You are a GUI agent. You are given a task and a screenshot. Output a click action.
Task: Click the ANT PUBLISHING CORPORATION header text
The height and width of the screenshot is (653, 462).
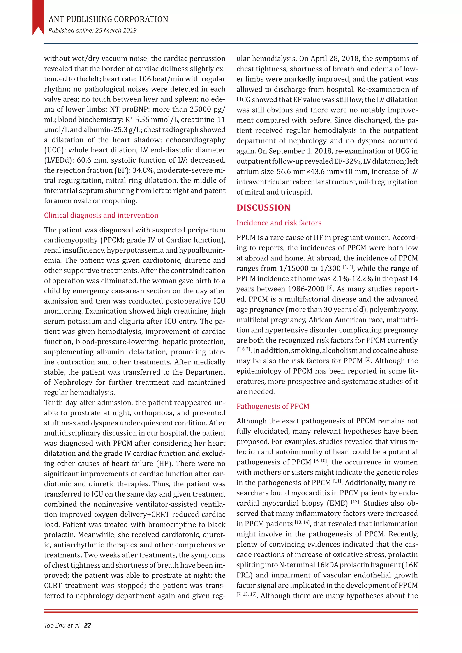[x=108, y=19]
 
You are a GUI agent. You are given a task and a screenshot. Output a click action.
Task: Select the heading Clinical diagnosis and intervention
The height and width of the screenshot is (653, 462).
[x=101, y=215]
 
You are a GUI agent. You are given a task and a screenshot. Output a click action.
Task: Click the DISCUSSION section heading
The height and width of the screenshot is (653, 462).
[x=263, y=208]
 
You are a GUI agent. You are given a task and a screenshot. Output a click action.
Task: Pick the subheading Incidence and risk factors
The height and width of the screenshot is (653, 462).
[x=279, y=223]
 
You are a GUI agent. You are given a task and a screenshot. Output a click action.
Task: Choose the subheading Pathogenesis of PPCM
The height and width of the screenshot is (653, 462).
[x=273, y=406]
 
